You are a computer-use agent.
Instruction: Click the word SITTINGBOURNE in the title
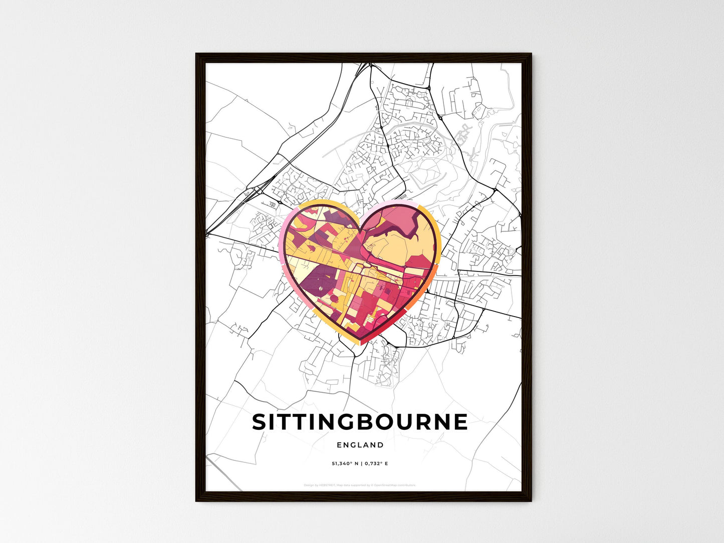click(x=360, y=422)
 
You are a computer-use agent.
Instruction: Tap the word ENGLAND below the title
click(x=360, y=445)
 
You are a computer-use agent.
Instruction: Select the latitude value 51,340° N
click(x=344, y=464)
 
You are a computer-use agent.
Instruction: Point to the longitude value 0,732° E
click(x=376, y=464)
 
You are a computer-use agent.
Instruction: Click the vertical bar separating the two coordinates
click(x=361, y=464)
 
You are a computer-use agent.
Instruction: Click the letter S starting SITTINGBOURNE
click(x=259, y=422)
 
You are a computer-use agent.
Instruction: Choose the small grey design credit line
click(x=360, y=485)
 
